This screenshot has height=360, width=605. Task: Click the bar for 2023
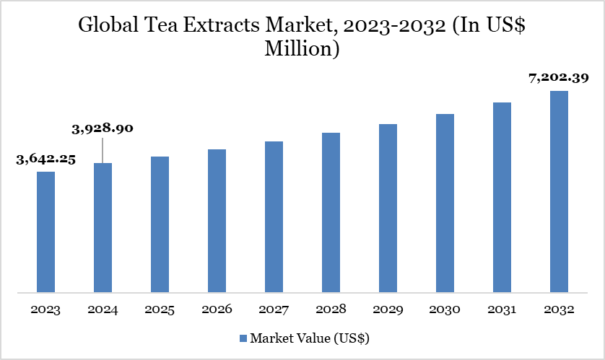pyautogui.click(x=45, y=232)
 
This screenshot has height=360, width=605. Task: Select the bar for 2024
pyautogui.click(x=103, y=228)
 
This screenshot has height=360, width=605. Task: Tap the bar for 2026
pyautogui.click(x=217, y=221)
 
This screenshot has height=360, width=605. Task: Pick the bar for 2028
pyautogui.click(x=331, y=213)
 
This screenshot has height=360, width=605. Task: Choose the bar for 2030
pyautogui.click(x=445, y=203)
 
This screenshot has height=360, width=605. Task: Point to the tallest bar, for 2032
pyautogui.click(x=559, y=192)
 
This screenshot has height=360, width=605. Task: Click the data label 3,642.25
pyautogui.click(x=45, y=159)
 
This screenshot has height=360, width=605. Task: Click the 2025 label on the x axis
pyautogui.click(x=160, y=310)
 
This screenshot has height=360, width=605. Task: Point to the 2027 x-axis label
pyautogui.click(x=274, y=310)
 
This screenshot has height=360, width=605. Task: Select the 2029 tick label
pyautogui.click(x=388, y=310)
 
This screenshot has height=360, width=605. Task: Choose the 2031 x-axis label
pyautogui.click(x=502, y=310)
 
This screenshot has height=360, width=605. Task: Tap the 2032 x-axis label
pyautogui.click(x=559, y=310)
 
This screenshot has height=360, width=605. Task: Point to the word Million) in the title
pyautogui.click(x=302, y=51)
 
